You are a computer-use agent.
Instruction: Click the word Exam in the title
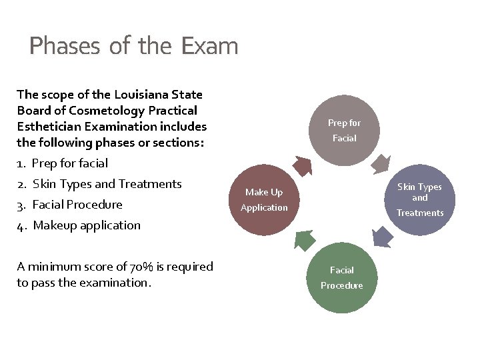click(x=209, y=46)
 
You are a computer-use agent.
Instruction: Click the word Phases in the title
click(x=64, y=46)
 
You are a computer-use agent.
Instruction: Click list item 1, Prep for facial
click(x=69, y=163)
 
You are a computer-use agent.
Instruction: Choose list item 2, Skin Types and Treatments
click(x=107, y=183)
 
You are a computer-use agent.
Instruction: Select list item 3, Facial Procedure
click(x=77, y=204)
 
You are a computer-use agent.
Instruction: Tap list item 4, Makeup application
click(x=87, y=225)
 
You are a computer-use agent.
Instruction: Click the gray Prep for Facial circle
click(x=344, y=130)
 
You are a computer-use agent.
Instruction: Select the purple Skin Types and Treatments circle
click(x=419, y=199)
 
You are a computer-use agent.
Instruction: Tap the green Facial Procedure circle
click(x=342, y=277)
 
